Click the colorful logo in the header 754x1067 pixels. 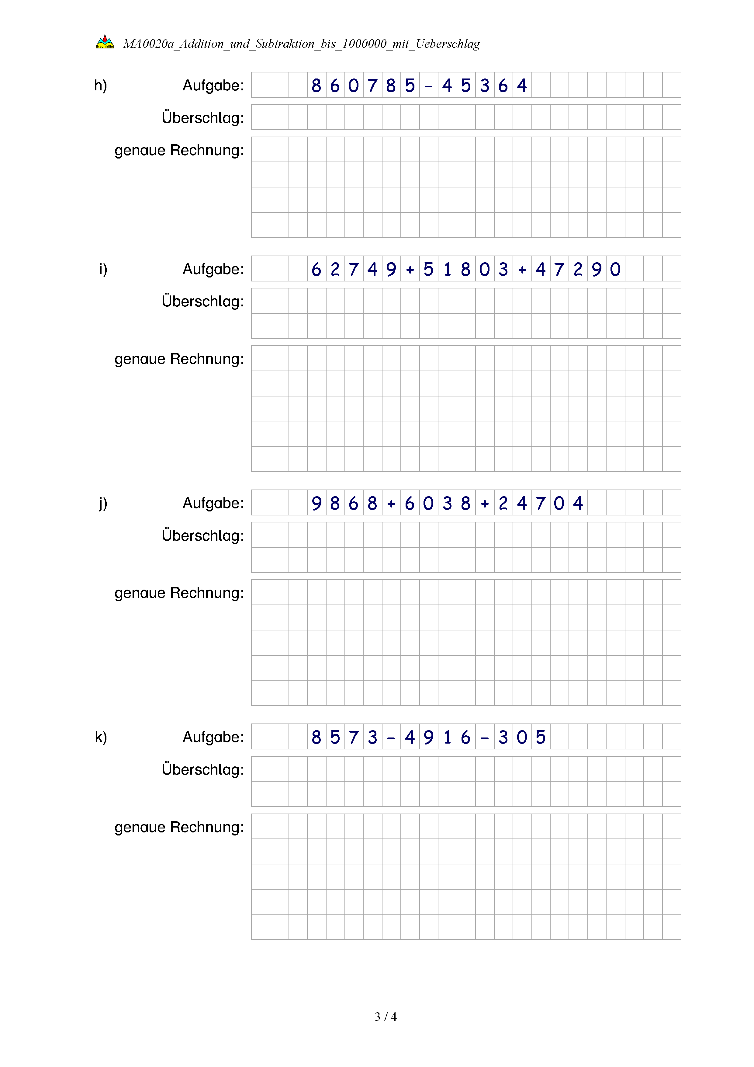pyautogui.click(x=105, y=42)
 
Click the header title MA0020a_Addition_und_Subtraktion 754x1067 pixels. pyautogui.click(x=301, y=44)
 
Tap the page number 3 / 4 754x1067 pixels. pyautogui.click(x=385, y=1016)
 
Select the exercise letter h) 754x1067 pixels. pyautogui.click(x=100, y=85)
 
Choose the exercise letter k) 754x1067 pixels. pyautogui.click(x=101, y=737)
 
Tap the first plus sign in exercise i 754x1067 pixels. pyautogui.click(x=410, y=270)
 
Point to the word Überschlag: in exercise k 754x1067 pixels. pyautogui.click(x=202, y=769)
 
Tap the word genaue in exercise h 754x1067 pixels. pyautogui.click(x=140, y=151)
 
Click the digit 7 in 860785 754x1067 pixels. pyautogui.click(x=372, y=85)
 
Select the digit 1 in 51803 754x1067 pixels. pyautogui.click(x=447, y=270)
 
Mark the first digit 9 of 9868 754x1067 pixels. pyautogui.click(x=316, y=503)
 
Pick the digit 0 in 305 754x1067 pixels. pyautogui.click(x=522, y=737)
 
